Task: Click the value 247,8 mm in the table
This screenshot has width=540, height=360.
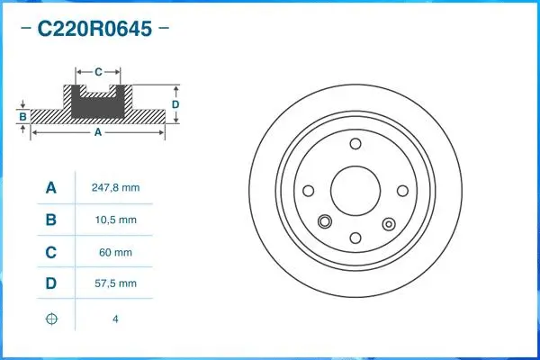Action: coord(115,188)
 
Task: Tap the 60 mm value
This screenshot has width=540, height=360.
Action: coord(115,253)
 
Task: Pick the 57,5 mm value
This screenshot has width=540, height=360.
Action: coord(115,283)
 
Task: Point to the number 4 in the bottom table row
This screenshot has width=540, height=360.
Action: coord(115,319)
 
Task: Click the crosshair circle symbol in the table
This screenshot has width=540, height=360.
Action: coord(51,319)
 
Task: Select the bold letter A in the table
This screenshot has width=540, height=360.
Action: coord(51,188)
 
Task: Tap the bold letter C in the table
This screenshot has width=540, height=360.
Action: coord(51,253)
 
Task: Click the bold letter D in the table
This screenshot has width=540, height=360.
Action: coord(51,284)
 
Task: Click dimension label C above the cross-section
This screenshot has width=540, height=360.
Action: coord(97,69)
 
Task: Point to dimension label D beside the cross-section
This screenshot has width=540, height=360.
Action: coord(176,104)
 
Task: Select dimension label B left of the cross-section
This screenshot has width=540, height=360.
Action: coord(22,116)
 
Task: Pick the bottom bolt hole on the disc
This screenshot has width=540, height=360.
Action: coord(355,238)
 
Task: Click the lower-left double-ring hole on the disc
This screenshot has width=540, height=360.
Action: coord(325,219)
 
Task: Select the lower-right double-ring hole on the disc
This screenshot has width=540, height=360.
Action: coord(389,224)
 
